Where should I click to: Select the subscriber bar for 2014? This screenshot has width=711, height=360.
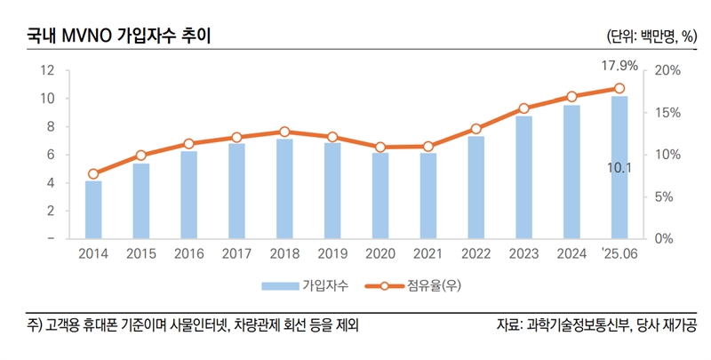click(x=93, y=210)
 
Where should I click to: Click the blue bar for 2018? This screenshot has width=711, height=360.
click(x=284, y=188)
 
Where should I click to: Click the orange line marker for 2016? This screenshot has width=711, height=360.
click(x=189, y=143)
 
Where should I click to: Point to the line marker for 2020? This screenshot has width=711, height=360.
click(x=380, y=148)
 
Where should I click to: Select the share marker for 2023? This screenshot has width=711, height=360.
click(x=523, y=108)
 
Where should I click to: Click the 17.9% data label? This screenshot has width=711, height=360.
click(x=619, y=66)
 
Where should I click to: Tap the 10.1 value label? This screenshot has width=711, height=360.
click(x=619, y=166)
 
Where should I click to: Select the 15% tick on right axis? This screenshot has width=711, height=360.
click(x=668, y=113)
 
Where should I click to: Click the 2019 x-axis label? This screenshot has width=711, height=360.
click(x=332, y=253)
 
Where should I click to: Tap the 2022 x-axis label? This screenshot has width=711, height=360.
click(x=475, y=253)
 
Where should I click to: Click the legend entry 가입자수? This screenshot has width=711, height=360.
click(x=323, y=286)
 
